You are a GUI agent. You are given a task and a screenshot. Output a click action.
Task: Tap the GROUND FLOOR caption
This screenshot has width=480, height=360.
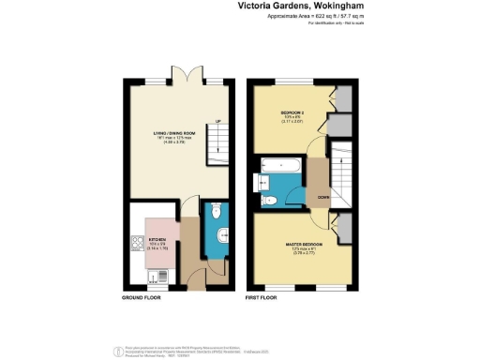click(x=142, y=297)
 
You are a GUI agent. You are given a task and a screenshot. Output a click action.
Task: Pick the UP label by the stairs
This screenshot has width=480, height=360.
click(x=217, y=121)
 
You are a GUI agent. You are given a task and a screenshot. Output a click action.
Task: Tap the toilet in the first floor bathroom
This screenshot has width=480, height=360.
click(x=268, y=200)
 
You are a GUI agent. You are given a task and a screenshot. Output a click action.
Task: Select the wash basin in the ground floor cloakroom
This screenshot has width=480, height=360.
click(x=221, y=235)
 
